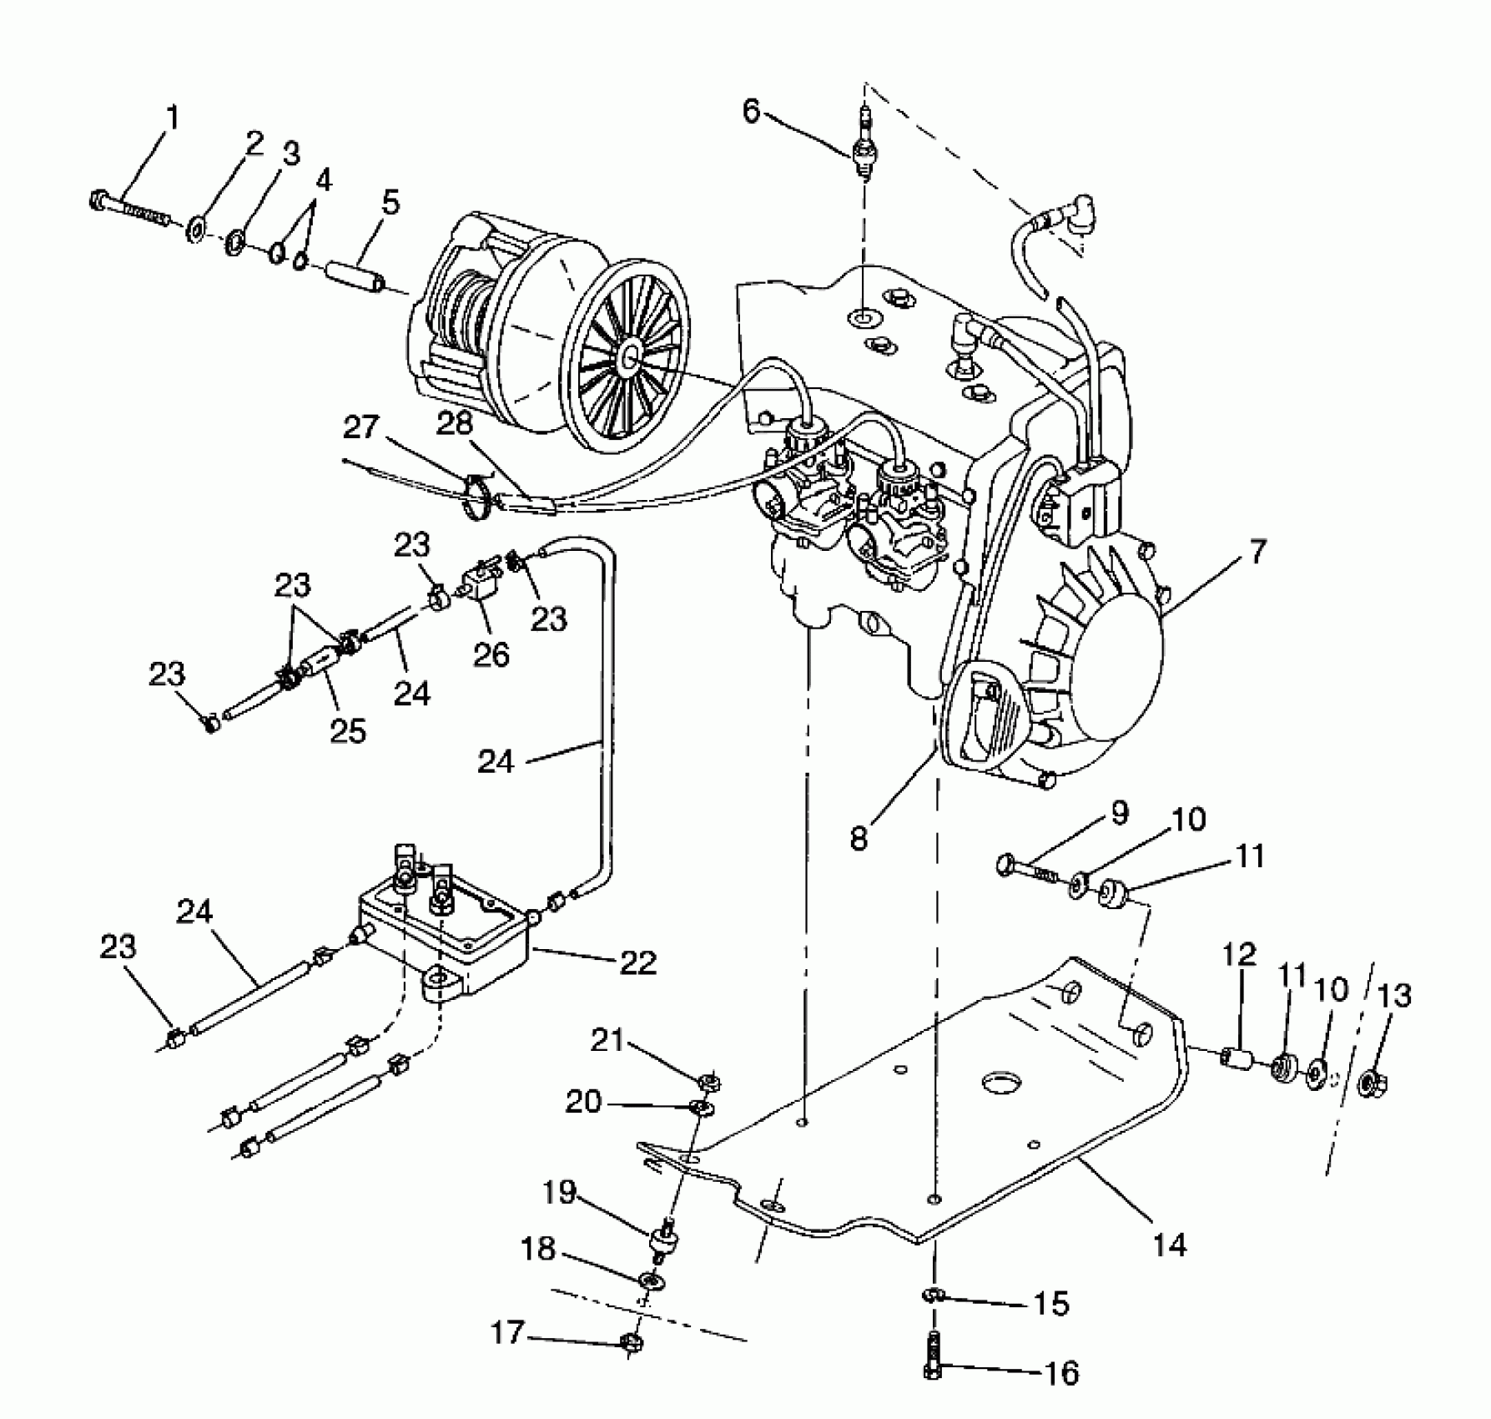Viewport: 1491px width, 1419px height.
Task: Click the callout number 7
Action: point(1258,552)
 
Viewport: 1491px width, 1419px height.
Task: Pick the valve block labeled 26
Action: point(478,581)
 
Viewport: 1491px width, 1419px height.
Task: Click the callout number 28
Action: point(456,425)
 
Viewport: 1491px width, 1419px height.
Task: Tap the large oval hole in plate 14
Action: point(1000,1083)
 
